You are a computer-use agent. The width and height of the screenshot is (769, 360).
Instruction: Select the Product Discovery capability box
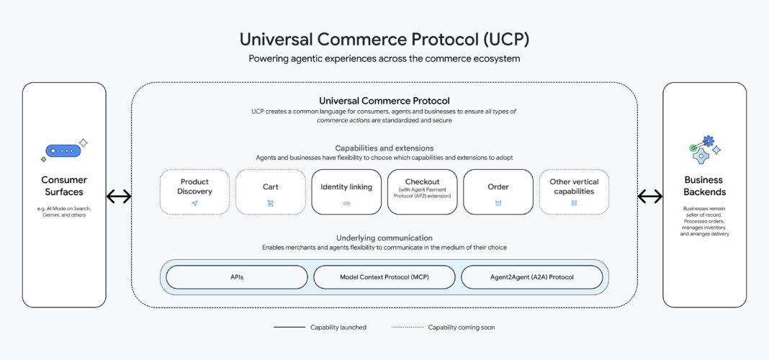pyautogui.click(x=194, y=192)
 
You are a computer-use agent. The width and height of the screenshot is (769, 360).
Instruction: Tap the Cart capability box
pyautogui.click(x=270, y=192)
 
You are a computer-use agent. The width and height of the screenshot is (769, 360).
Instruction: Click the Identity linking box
pyautogui.click(x=346, y=192)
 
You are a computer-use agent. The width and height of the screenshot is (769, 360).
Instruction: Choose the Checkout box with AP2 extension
pyautogui.click(x=422, y=192)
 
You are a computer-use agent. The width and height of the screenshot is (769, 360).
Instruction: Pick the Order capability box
pyautogui.click(x=498, y=192)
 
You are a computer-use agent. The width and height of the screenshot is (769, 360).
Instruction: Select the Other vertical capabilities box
pyautogui.click(x=574, y=192)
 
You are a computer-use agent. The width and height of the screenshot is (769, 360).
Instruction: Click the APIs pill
pyautogui.click(x=237, y=276)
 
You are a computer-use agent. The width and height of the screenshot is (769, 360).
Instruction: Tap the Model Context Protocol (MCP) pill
pyautogui.click(x=384, y=276)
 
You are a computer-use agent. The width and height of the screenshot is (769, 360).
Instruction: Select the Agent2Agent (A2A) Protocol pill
pyautogui.click(x=531, y=276)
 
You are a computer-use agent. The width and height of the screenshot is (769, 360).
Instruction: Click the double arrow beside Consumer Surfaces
pyautogui.click(x=119, y=197)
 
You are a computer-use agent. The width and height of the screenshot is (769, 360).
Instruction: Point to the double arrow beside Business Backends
pyautogui.click(x=650, y=197)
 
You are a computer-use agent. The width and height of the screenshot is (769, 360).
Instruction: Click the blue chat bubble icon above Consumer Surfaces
pyautogui.click(x=63, y=151)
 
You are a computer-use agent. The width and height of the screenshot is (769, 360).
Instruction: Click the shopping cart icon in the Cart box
pyautogui.click(x=270, y=204)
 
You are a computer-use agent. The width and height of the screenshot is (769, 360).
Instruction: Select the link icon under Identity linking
pyautogui.click(x=346, y=204)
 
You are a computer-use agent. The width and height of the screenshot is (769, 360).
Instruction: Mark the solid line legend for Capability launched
pyautogui.click(x=289, y=328)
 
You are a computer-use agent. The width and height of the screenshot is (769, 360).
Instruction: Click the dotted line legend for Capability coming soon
pyautogui.click(x=407, y=328)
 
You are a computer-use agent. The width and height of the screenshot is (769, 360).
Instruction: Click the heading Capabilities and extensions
pyautogui.click(x=384, y=148)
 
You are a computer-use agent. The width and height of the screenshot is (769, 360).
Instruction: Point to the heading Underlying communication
pyautogui.click(x=384, y=238)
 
